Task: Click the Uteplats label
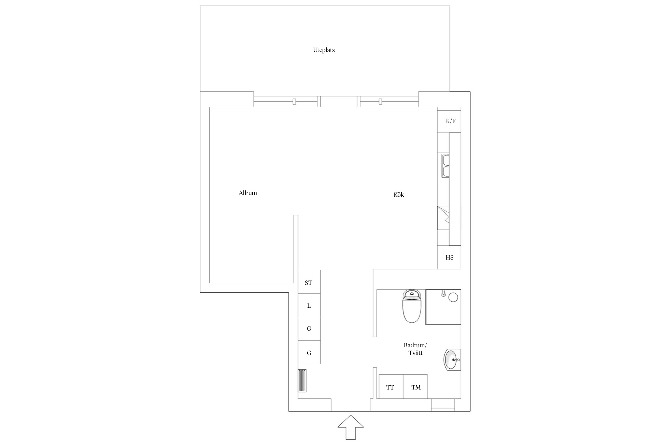324,50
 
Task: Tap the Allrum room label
248,193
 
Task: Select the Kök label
399,195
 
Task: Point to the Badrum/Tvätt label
415,349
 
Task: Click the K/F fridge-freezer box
449,120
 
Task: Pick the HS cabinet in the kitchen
449,257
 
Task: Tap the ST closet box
309,282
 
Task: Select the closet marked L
309,305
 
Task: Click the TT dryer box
391,387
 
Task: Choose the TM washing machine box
415,387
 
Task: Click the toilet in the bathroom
412,306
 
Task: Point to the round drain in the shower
453,297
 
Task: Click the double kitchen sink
445,166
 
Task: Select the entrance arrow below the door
351,427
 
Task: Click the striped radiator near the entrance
302,381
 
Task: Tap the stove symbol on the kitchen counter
443,218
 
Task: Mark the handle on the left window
294,101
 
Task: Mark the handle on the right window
380,101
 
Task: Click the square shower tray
443,307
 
